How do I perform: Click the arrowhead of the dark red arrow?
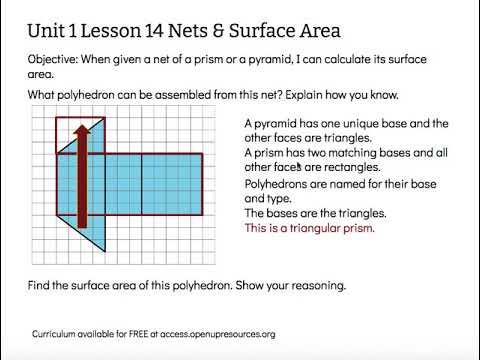pyautogui.click(x=82, y=129)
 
